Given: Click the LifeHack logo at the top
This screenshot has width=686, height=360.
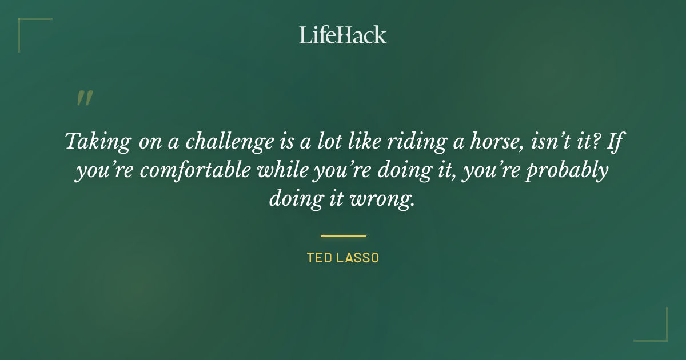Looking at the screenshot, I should (342, 35).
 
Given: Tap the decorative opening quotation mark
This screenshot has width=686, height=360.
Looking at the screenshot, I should (84, 99).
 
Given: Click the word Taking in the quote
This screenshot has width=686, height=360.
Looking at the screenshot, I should (96, 142).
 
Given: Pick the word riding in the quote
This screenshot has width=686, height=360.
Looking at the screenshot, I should (408, 142).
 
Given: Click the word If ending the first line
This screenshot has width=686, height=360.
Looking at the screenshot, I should (613, 141).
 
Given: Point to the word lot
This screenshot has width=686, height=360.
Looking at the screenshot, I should (325, 141).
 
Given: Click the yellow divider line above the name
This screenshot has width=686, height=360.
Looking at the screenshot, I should (343, 235).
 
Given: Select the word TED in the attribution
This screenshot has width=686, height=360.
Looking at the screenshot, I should (318, 258).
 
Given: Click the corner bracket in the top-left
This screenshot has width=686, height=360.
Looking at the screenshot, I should (26, 26).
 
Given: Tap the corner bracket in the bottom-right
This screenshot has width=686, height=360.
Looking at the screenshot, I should (660, 334).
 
